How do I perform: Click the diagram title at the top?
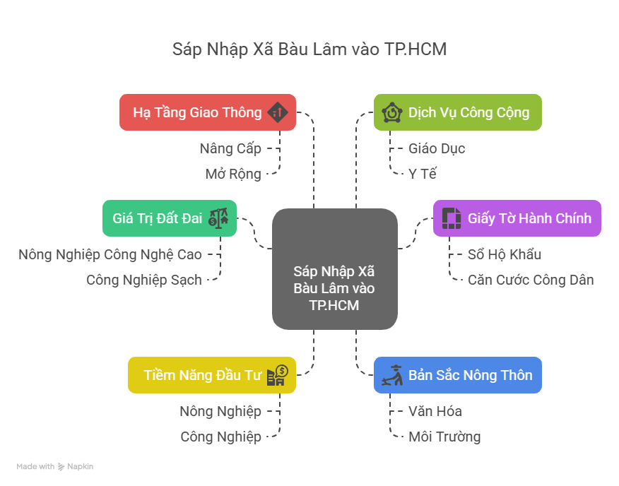click(x=309, y=49)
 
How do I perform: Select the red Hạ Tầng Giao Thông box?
click(x=207, y=112)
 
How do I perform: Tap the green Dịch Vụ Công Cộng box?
click(x=457, y=112)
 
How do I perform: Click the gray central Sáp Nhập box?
click(x=334, y=269)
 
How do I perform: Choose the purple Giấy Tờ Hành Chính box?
click(x=517, y=218)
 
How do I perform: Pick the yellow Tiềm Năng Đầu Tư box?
click(x=211, y=375)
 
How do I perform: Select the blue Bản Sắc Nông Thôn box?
click(x=457, y=375)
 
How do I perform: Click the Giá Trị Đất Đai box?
click(x=169, y=218)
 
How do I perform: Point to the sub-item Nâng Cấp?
click(x=230, y=148)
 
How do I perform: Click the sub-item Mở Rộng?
click(x=233, y=174)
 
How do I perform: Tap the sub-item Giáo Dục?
click(x=437, y=148)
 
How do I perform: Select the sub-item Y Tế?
click(x=423, y=174)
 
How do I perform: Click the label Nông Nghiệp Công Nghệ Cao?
click(x=110, y=254)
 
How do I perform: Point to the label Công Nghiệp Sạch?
click(x=144, y=280)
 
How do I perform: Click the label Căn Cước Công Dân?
click(x=531, y=280)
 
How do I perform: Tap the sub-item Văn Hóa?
click(x=435, y=411)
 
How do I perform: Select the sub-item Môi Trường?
click(x=444, y=437)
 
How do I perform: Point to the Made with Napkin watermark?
click(x=55, y=466)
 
